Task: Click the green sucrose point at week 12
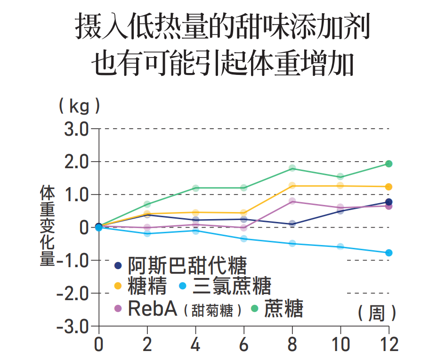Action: click(x=389, y=164)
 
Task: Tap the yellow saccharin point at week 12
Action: click(x=389, y=187)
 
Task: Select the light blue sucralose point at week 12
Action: click(x=389, y=253)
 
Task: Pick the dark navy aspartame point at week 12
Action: click(x=389, y=202)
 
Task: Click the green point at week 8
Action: click(x=292, y=168)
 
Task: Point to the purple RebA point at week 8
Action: click(x=292, y=201)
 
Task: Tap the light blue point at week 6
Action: click(x=243, y=239)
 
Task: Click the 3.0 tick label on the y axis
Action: click(x=77, y=129)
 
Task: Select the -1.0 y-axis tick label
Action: click(x=73, y=260)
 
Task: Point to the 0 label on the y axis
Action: click(x=85, y=227)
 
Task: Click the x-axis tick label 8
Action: click(x=292, y=344)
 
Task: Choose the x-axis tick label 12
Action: click(x=388, y=344)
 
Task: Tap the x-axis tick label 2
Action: click(x=147, y=344)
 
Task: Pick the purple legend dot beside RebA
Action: click(x=118, y=309)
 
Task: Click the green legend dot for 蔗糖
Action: click(x=255, y=309)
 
